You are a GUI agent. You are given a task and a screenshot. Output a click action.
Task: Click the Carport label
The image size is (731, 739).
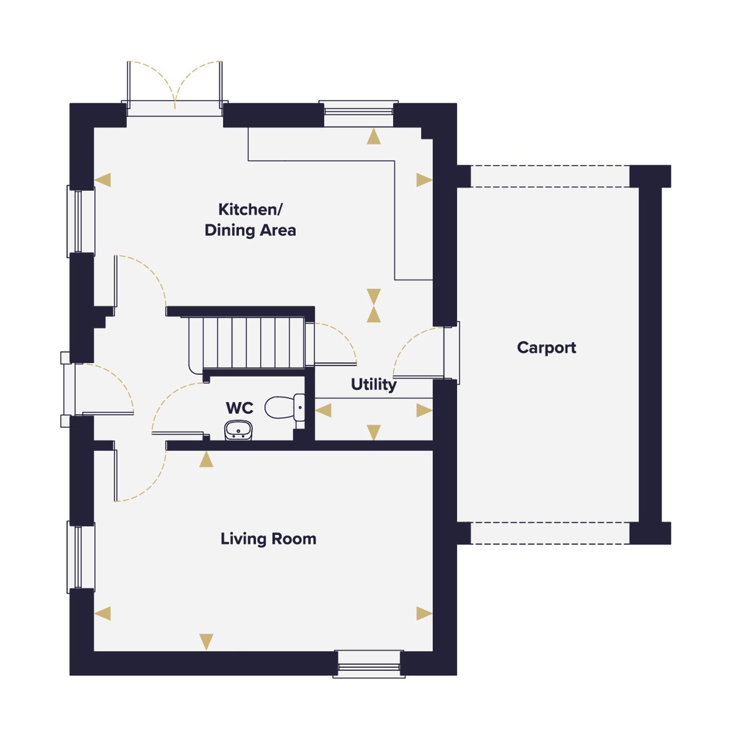546,348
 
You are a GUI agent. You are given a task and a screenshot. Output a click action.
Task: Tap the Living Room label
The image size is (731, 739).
268,539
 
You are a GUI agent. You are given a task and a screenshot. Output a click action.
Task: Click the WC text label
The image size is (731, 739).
239,408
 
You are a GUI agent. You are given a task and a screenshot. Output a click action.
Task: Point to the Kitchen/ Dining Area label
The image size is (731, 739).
250,220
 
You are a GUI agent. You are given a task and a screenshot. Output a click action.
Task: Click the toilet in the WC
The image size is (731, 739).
285,408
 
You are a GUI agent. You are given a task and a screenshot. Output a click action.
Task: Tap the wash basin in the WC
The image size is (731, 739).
238,430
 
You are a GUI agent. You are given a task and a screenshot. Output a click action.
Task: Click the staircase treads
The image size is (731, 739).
247,343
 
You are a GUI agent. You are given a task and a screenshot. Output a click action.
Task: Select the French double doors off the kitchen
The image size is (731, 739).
175,86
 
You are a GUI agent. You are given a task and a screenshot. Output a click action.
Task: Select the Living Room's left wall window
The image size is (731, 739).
81,557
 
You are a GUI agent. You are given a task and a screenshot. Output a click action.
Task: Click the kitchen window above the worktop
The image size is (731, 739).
358,113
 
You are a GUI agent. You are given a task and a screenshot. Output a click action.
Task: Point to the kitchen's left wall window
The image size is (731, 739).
81,221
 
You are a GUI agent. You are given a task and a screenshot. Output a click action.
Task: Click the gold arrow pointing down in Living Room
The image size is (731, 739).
206,642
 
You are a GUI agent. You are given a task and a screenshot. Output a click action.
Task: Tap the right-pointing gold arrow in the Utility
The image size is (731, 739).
424,410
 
